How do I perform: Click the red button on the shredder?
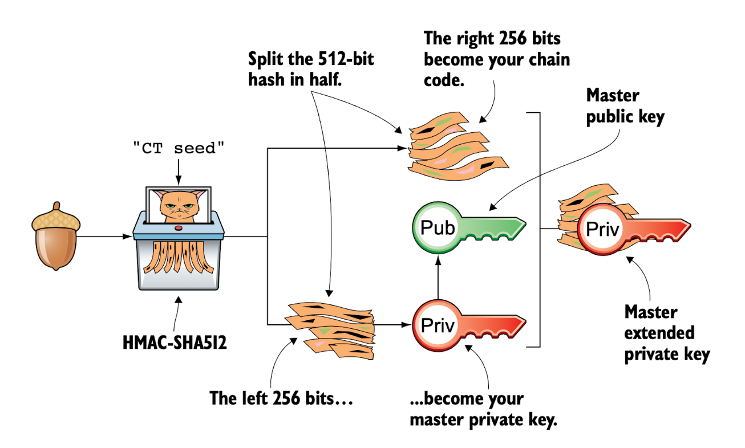(x=179, y=228)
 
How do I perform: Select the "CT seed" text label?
(x=179, y=149)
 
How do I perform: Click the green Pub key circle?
(x=437, y=229)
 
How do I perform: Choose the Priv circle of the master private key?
(x=437, y=325)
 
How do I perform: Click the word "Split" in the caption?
(x=268, y=59)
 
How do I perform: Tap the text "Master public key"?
(x=626, y=105)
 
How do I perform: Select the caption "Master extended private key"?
(x=666, y=333)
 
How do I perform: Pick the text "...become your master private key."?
(x=483, y=409)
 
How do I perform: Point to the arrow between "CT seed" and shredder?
(x=179, y=171)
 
